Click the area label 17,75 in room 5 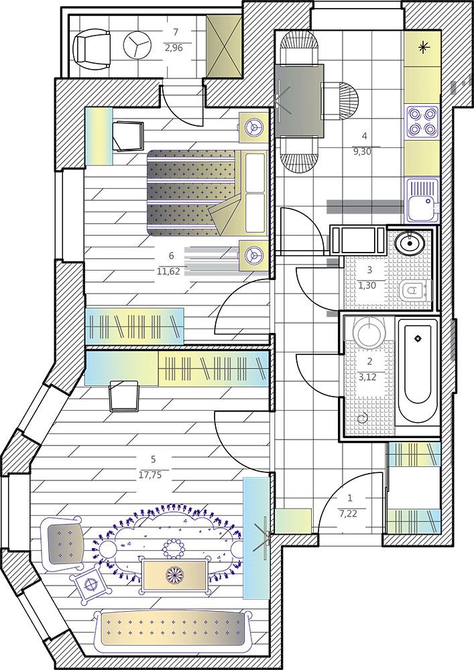150,475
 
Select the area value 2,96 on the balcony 174,48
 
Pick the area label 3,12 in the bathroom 369,377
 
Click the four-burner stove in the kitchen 422,121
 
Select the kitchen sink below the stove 422,200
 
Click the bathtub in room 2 418,371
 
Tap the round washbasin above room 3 410,243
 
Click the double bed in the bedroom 207,192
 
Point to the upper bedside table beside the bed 253,126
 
